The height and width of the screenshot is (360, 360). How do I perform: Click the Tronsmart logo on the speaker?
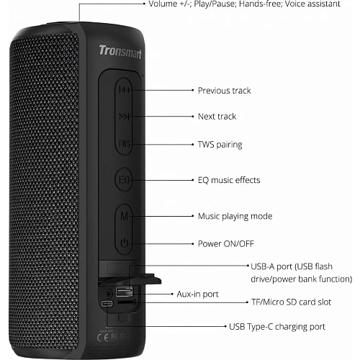pyautogui.click(x=120, y=52)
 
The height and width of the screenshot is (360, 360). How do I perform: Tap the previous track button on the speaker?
pyautogui.click(x=124, y=90)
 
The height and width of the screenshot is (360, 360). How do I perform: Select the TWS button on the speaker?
pyautogui.click(x=124, y=143)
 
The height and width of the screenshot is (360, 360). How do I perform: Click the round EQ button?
pyautogui.click(x=124, y=179)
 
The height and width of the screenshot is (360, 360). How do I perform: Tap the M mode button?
pyautogui.click(x=124, y=216)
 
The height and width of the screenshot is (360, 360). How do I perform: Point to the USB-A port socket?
pyautogui.click(x=124, y=292)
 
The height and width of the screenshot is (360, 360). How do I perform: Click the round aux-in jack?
pyautogui.click(x=109, y=293)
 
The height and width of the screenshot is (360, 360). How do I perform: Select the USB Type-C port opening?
pyautogui.click(x=107, y=304)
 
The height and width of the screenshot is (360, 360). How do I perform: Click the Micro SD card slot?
pyautogui.click(x=126, y=302)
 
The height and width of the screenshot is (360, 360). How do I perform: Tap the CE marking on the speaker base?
pyautogui.click(x=103, y=338)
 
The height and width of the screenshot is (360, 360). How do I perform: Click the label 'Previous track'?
pyautogui.click(x=224, y=91)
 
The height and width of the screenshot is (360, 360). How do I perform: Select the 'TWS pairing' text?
pyautogui.click(x=220, y=145)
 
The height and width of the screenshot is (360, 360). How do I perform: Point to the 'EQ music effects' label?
pyautogui.click(x=229, y=180)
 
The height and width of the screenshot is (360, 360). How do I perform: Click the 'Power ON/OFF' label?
pyautogui.click(x=226, y=243)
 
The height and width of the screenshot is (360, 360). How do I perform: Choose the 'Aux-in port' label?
pyautogui.click(x=197, y=294)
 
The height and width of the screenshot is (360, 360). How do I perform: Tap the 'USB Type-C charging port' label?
pyautogui.click(x=277, y=327)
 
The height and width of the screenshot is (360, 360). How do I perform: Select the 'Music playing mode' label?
pyautogui.click(x=235, y=216)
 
